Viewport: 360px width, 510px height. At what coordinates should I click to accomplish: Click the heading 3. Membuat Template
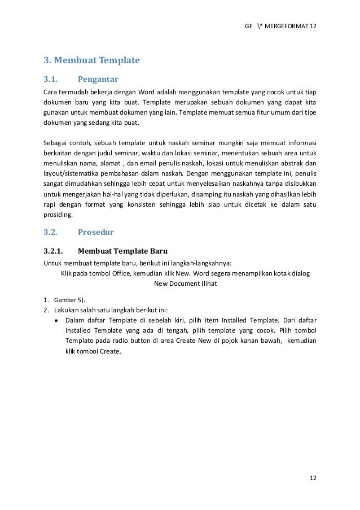coord(91,59)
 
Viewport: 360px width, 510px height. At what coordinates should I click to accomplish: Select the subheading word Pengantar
coord(98,79)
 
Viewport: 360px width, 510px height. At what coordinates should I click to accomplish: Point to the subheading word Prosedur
coord(96,232)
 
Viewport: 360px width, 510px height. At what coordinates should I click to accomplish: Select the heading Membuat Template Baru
coord(122,250)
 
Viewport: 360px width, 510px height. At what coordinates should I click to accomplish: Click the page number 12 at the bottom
coord(313,478)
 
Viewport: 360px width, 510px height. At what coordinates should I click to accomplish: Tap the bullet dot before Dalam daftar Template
coord(56,320)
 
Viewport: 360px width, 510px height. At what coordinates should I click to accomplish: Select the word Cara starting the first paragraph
coord(50,91)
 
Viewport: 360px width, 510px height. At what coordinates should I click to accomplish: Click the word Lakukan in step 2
coord(66,310)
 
